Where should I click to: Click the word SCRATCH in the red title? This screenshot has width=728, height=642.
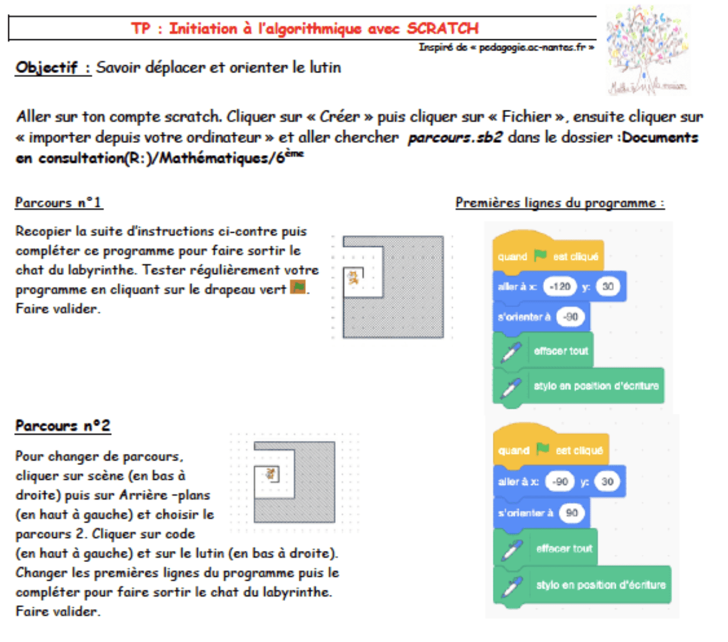[x=442, y=28]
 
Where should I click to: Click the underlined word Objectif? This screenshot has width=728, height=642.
[x=46, y=68]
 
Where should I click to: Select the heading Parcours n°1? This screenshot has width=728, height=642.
[x=58, y=203]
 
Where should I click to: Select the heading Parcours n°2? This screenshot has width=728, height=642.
[x=62, y=426]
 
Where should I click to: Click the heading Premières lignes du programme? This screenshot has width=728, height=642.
[x=559, y=203]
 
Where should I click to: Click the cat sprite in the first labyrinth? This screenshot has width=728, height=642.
[x=353, y=277]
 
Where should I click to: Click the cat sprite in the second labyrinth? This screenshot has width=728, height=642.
[x=271, y=473]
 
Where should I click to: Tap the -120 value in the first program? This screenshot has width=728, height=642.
[x=559, y=287]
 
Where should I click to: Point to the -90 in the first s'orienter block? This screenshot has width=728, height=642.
[x=570, y=317]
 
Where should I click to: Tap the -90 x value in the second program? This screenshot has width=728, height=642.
[x=560, y=481]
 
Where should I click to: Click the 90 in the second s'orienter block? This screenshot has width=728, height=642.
[x=572, y=513]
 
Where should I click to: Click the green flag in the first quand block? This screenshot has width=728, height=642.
[x=540, y=256]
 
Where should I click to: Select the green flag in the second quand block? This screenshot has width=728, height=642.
[x=543, y=450]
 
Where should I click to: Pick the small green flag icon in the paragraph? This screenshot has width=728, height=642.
[x=299, y=287]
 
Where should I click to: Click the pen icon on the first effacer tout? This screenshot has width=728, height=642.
[x=510, y=352]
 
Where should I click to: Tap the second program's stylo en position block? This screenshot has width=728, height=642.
[x=600, y=585]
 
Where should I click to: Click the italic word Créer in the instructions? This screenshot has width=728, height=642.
[x=339, y=116]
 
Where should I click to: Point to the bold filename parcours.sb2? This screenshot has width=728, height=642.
[x=455, y=138]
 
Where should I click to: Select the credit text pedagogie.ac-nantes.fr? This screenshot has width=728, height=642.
[x=532, y=48]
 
